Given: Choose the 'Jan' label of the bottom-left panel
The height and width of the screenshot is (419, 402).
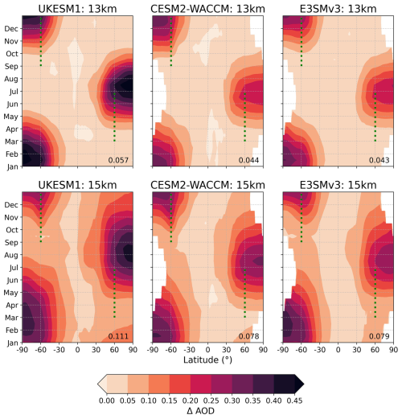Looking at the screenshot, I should pos(13,343).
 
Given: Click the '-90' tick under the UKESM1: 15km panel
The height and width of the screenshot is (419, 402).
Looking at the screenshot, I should pos(23,351).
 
